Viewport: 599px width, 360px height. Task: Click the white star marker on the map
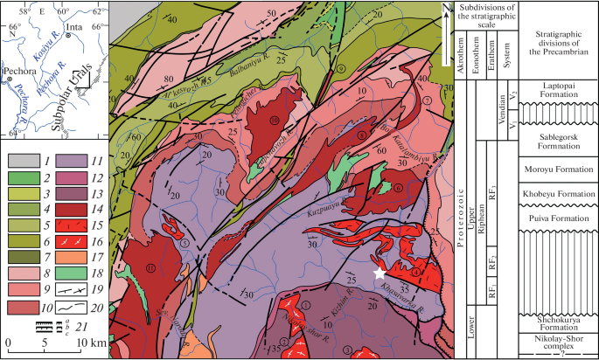coord(379,273)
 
